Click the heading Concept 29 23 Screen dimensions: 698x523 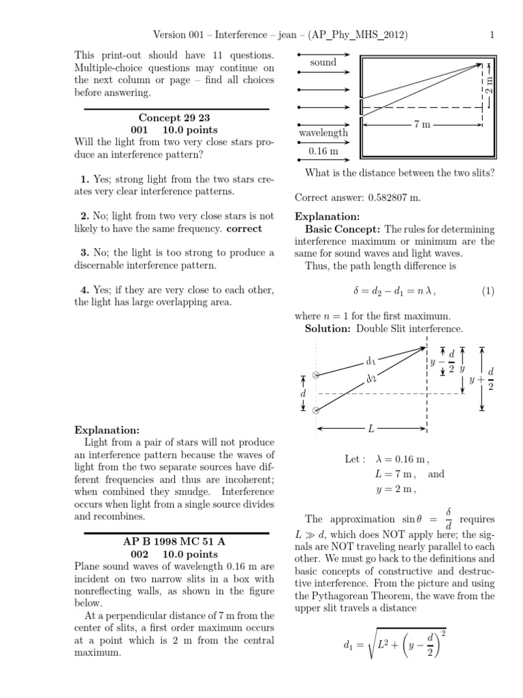click(176, 117)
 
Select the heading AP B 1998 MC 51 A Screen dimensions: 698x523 click(176, 541)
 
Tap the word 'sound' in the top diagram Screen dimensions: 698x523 click(323, 62)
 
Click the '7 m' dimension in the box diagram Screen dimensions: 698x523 click(422, 125)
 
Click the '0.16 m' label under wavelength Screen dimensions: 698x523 click(323, 151)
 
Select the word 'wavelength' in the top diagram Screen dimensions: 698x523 click(323, 133)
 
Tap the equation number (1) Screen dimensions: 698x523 click(488, 291)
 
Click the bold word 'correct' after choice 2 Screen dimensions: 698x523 click(244, 228)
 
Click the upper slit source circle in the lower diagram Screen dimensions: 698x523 click(316, 375)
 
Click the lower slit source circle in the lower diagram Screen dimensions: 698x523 click(316, 410)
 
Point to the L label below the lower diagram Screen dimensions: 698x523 click(371, 429)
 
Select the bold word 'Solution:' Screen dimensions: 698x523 click(328, 329)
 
